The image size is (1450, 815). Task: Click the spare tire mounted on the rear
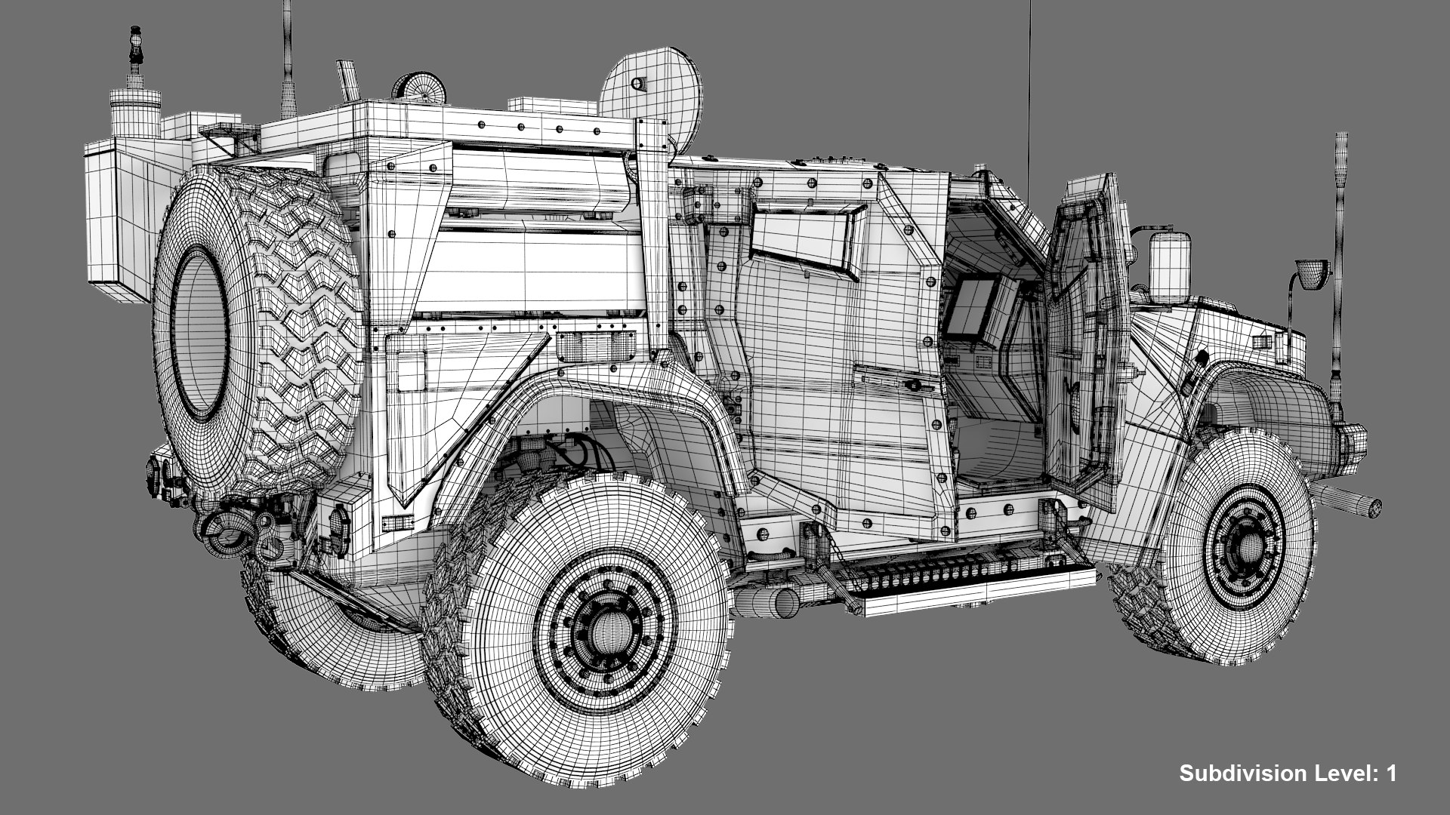257,332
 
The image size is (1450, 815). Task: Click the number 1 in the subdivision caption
1390,773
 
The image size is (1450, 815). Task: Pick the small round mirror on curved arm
1313,272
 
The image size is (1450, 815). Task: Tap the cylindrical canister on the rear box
135,113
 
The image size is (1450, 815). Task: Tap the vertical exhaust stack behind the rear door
654,249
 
